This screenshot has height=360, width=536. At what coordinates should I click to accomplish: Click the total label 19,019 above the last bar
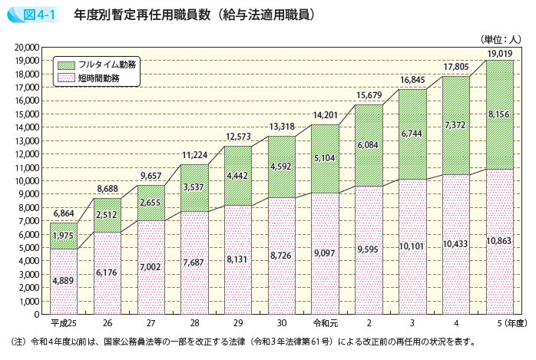(499, 54)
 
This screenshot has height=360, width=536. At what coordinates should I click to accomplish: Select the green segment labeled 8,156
(500, 114)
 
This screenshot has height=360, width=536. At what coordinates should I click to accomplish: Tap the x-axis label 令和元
(325, 323)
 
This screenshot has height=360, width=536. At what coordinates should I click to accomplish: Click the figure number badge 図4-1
(31, 14)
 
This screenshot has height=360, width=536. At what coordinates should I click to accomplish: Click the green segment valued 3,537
(195, 187)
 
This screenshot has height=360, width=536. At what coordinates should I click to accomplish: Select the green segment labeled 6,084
(369, 145)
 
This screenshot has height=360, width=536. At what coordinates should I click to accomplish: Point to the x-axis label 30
(282, 323)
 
